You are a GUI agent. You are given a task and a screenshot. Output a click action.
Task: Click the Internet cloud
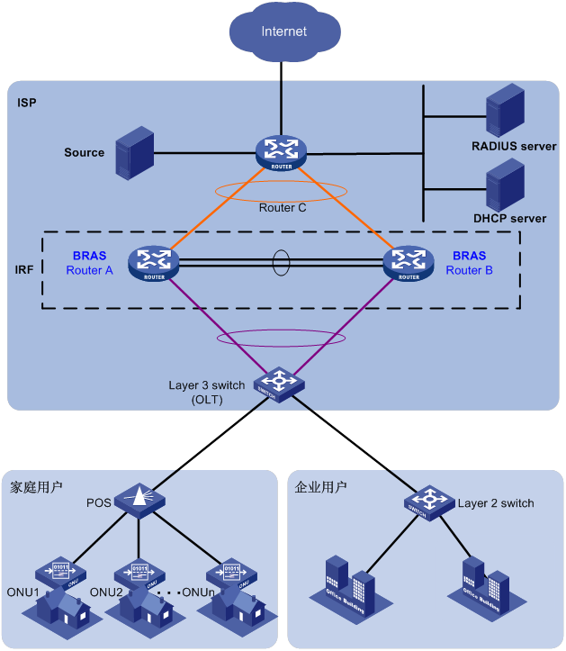pos(283,32)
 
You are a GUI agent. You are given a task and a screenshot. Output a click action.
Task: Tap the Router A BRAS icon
pos(154,263)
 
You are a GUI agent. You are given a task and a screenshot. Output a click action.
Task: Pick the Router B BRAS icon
pos(409,263)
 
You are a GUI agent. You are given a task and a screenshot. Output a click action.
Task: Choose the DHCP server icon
pos(505,185)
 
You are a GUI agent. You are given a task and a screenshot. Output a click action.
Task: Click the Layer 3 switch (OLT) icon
pos(279,384)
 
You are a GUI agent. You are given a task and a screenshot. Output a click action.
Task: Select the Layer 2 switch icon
pos(429,502)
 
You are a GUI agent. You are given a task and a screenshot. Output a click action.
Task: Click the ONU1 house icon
pos(60,594)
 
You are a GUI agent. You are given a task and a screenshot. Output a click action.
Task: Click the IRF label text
pos(26,269)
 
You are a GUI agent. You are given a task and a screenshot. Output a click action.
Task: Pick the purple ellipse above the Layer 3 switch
pos(279,339)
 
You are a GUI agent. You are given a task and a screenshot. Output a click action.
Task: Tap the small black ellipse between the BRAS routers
pos(282,263)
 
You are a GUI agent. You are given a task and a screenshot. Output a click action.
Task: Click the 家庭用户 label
pos(36,487)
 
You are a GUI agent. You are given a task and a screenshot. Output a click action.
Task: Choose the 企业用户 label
pos(321,487)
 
